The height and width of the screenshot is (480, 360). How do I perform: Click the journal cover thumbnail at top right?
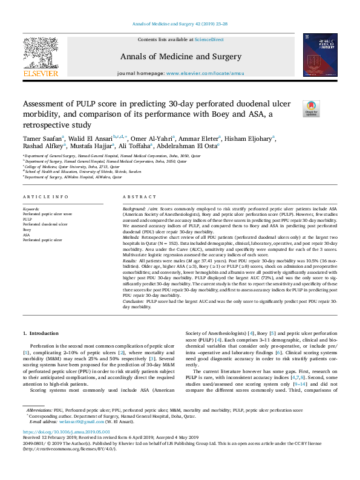click(320, 55)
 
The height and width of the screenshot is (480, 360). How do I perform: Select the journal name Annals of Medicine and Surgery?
click(180, 57)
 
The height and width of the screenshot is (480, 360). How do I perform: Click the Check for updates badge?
click(312, 109)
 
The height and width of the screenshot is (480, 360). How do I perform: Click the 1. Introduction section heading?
click(41, 333)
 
